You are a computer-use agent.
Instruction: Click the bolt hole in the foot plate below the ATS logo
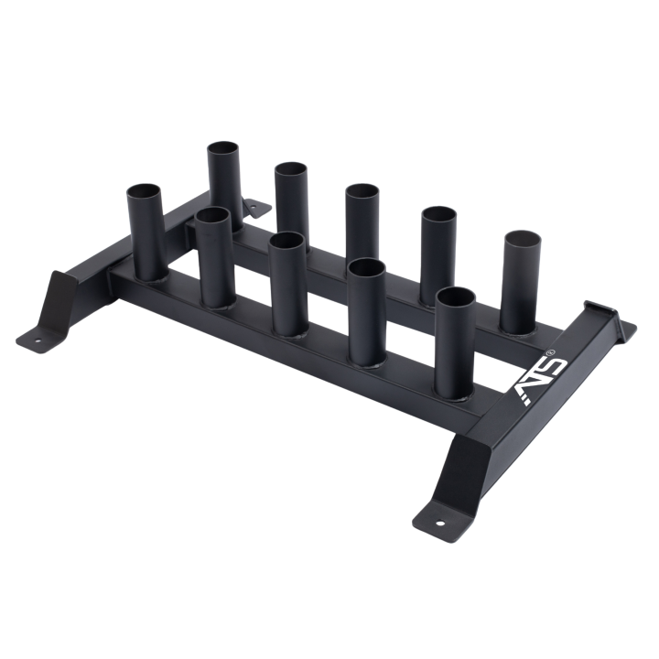[x=440, y=524]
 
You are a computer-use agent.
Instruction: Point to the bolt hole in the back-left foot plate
[x=254, y=206]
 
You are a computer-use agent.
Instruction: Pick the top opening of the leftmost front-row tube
[x=144, y=192]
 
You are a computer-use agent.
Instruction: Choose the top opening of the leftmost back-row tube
[x=222, y=150]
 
